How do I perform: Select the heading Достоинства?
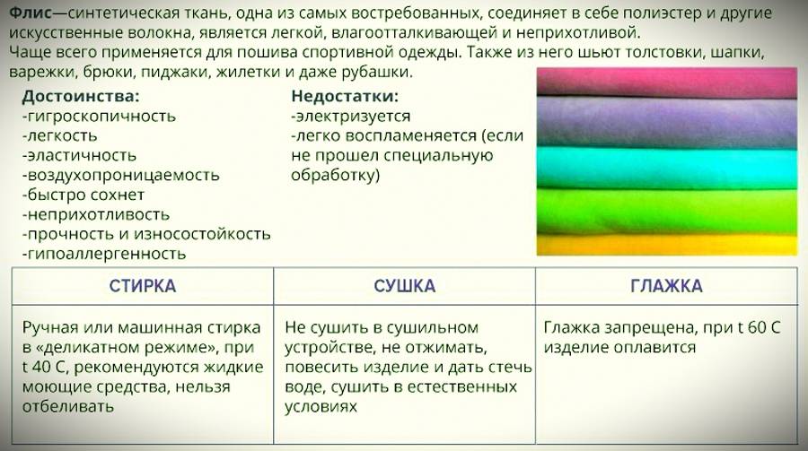(x=81, y=96)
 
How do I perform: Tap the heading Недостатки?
(x=345, y=96)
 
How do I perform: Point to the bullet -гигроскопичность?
(x=99, y=117)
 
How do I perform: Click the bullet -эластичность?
(x=79, y=155)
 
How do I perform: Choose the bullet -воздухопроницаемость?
(x=120, y=176)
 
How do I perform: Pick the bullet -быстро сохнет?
(x=83, y=195)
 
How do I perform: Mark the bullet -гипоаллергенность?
(x=103, y=254)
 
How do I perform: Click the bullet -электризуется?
(x=350, y=117)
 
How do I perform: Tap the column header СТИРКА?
(x=143, y=286)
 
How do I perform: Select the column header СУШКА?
(x=405, y=286)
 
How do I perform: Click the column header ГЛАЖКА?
(x=666, y=286)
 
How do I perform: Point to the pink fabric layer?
(x=667, y=82)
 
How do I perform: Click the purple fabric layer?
(x=667, y=123)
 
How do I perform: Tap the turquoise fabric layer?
(x=667, y=169)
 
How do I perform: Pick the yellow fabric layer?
(x=667, y=245)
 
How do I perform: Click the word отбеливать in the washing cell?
(x=68, y=406)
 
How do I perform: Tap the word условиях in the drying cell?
(x=321, y=407)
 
